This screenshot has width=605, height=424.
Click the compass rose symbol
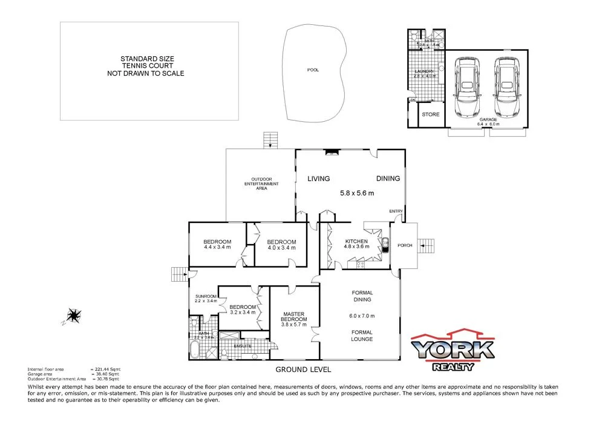click(x=74, y=315)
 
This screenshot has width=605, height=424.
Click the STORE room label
click(x=431, y=114)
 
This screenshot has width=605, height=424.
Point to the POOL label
click(x=313, y=70)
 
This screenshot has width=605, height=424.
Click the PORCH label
click(x=404, y=245)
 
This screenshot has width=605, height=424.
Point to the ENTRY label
click(x=396, y=211)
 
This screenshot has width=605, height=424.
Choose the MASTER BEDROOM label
click(x=295, y=317)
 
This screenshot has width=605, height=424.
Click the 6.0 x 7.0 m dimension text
click(x=362, y=316)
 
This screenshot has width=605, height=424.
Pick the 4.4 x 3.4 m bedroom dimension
click(x=217, y=247)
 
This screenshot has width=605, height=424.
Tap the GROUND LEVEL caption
click(x=303, y=369)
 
